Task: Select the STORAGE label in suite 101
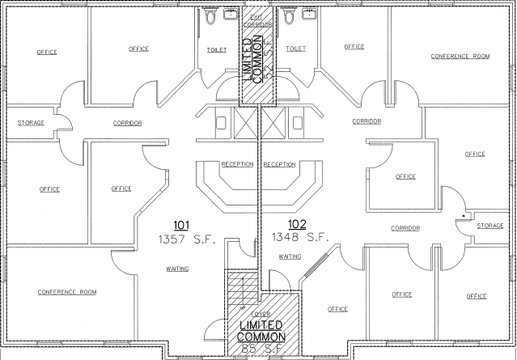pos(31,123)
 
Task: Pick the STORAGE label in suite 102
pos(489,226)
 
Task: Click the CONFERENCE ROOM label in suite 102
pos(460,57)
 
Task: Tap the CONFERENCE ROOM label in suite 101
pos(66,291)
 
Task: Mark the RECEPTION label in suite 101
pos(238,164)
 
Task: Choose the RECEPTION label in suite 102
pos(279,164)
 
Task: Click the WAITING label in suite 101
pos(178,269)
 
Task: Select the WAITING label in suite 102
pos(290,256)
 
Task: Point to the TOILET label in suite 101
pos(217,49)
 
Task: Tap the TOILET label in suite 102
pos(295,49)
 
